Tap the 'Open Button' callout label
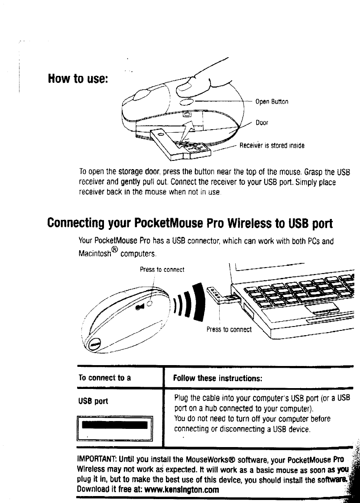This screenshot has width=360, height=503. [272, 102]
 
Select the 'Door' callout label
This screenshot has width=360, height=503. [262, 123]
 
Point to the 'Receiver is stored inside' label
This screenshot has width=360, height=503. [272, 146]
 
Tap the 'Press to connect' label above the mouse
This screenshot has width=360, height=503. [162, 270]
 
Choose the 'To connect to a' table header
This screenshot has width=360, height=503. [104, 378]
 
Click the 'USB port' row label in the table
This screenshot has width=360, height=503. [93, 401]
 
